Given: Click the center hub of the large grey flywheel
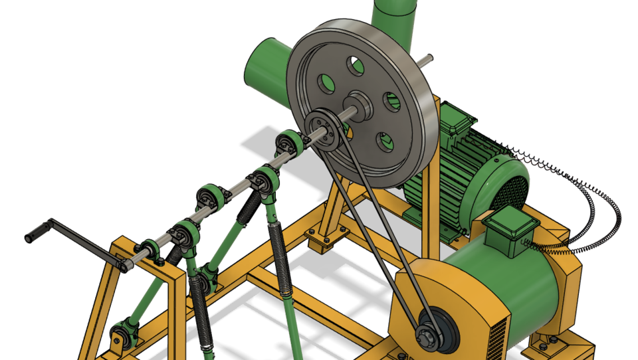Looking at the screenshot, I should [360, 105].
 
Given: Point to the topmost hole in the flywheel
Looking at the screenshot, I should [357, 65].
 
